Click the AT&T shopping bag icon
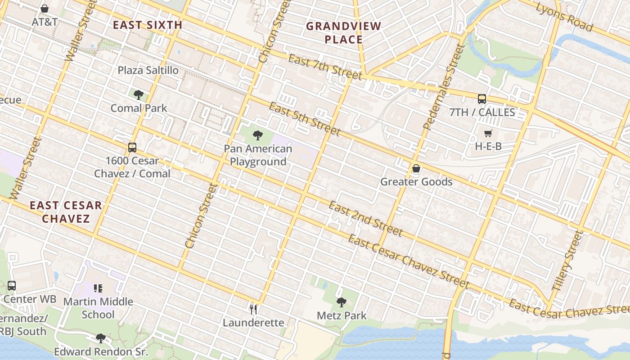tap(45, 9)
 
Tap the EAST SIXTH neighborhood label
tap(148, 25)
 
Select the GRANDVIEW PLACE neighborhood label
tap(344, 33)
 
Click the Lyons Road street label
tap(564, 17)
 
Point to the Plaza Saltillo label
tap(148, 70)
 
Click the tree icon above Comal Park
tap(139, 94)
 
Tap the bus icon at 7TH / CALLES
tap(482, 99)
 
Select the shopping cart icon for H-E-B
tap(488, 133)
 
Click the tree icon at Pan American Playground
tap(258, 135)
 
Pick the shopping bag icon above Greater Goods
tap(416, 169)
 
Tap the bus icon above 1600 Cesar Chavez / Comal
tap(132, 147)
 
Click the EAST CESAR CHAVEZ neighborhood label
tap(66, 212)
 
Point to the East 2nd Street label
tap(365, 219)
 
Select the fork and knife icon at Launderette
tap(253, 309)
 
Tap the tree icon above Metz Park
tap(342, 302)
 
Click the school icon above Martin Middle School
tap(98, 288)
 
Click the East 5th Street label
tap(304, 119)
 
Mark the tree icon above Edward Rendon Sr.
tap(101, 338)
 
